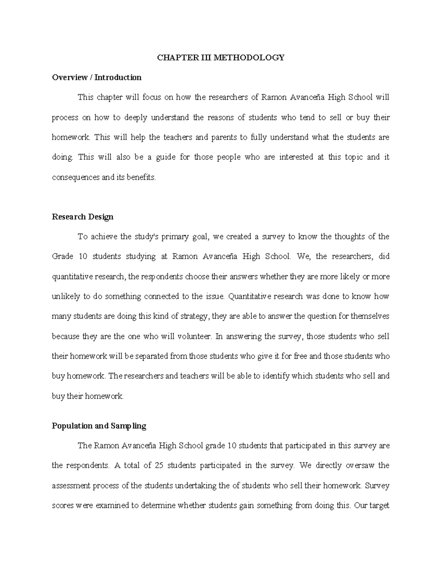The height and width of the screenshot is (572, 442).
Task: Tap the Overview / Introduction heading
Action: coord(97,77)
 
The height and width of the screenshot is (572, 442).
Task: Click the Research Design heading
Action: coord(83,217)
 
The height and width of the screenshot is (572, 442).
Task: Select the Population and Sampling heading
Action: coord(99,426)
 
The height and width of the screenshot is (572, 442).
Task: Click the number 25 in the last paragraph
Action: coord(159,465)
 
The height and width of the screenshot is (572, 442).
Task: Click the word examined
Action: coord(117,505)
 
